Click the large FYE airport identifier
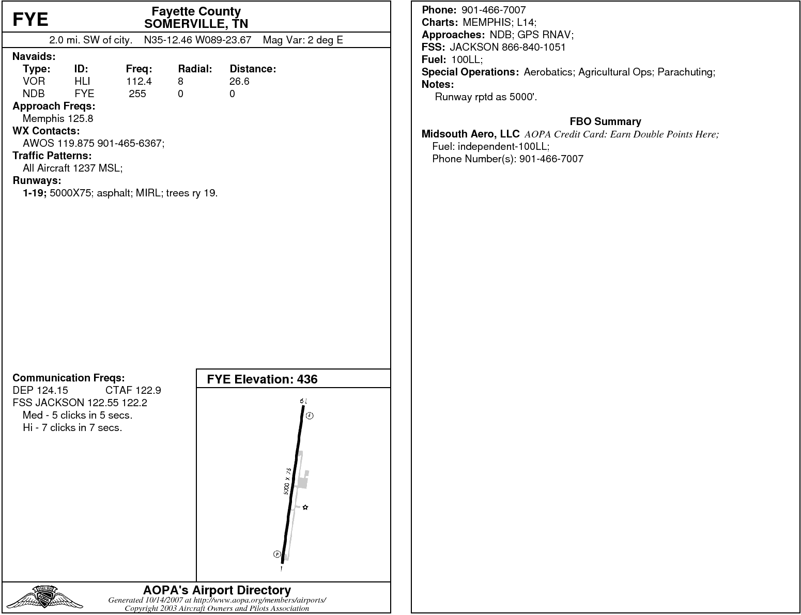[30, 20]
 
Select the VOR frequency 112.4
[138, 81]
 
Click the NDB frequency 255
[137, 94]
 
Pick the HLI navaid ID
[82, 81]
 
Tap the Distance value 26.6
[239, 81]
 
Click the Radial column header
[195, 69]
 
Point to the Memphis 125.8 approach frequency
[58, 118]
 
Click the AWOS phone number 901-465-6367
[130, 143]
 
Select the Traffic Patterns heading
[52, 156]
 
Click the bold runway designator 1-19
[35, 193]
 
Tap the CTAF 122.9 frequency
[133, 390]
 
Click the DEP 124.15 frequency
[40, 390]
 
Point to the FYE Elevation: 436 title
[262, 379]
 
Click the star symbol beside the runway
[305, 508]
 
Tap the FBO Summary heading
[605, 121]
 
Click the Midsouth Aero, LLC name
[470, 134]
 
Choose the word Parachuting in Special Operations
[686, 72]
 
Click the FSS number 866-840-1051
[533, 47]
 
